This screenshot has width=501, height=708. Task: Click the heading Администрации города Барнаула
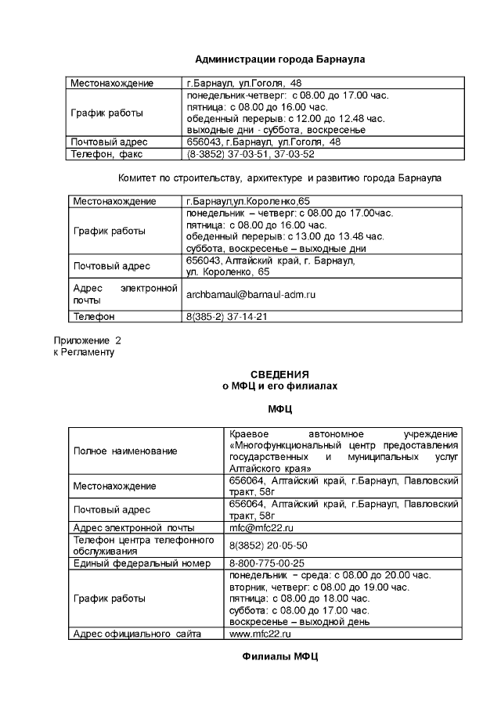(x=279, y=59)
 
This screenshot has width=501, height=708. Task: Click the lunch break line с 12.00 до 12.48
(x=286, y=118)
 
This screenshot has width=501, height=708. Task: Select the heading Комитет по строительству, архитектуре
(x=279, y=178)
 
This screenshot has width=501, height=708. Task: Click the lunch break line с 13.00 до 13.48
(x=285, y=235)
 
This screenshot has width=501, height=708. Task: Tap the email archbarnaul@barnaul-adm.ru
(x=250, y=295)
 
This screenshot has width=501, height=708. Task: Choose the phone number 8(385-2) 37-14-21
(x=227, y=317)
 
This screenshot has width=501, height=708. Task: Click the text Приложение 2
(x=87, y=341)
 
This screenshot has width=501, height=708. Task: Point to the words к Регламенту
(x=83, y=352)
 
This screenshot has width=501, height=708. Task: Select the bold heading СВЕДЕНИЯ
(x=279, y=374)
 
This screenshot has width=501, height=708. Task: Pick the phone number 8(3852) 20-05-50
(x=269, y=544)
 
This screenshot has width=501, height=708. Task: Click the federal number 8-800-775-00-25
(x=267, y=562)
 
